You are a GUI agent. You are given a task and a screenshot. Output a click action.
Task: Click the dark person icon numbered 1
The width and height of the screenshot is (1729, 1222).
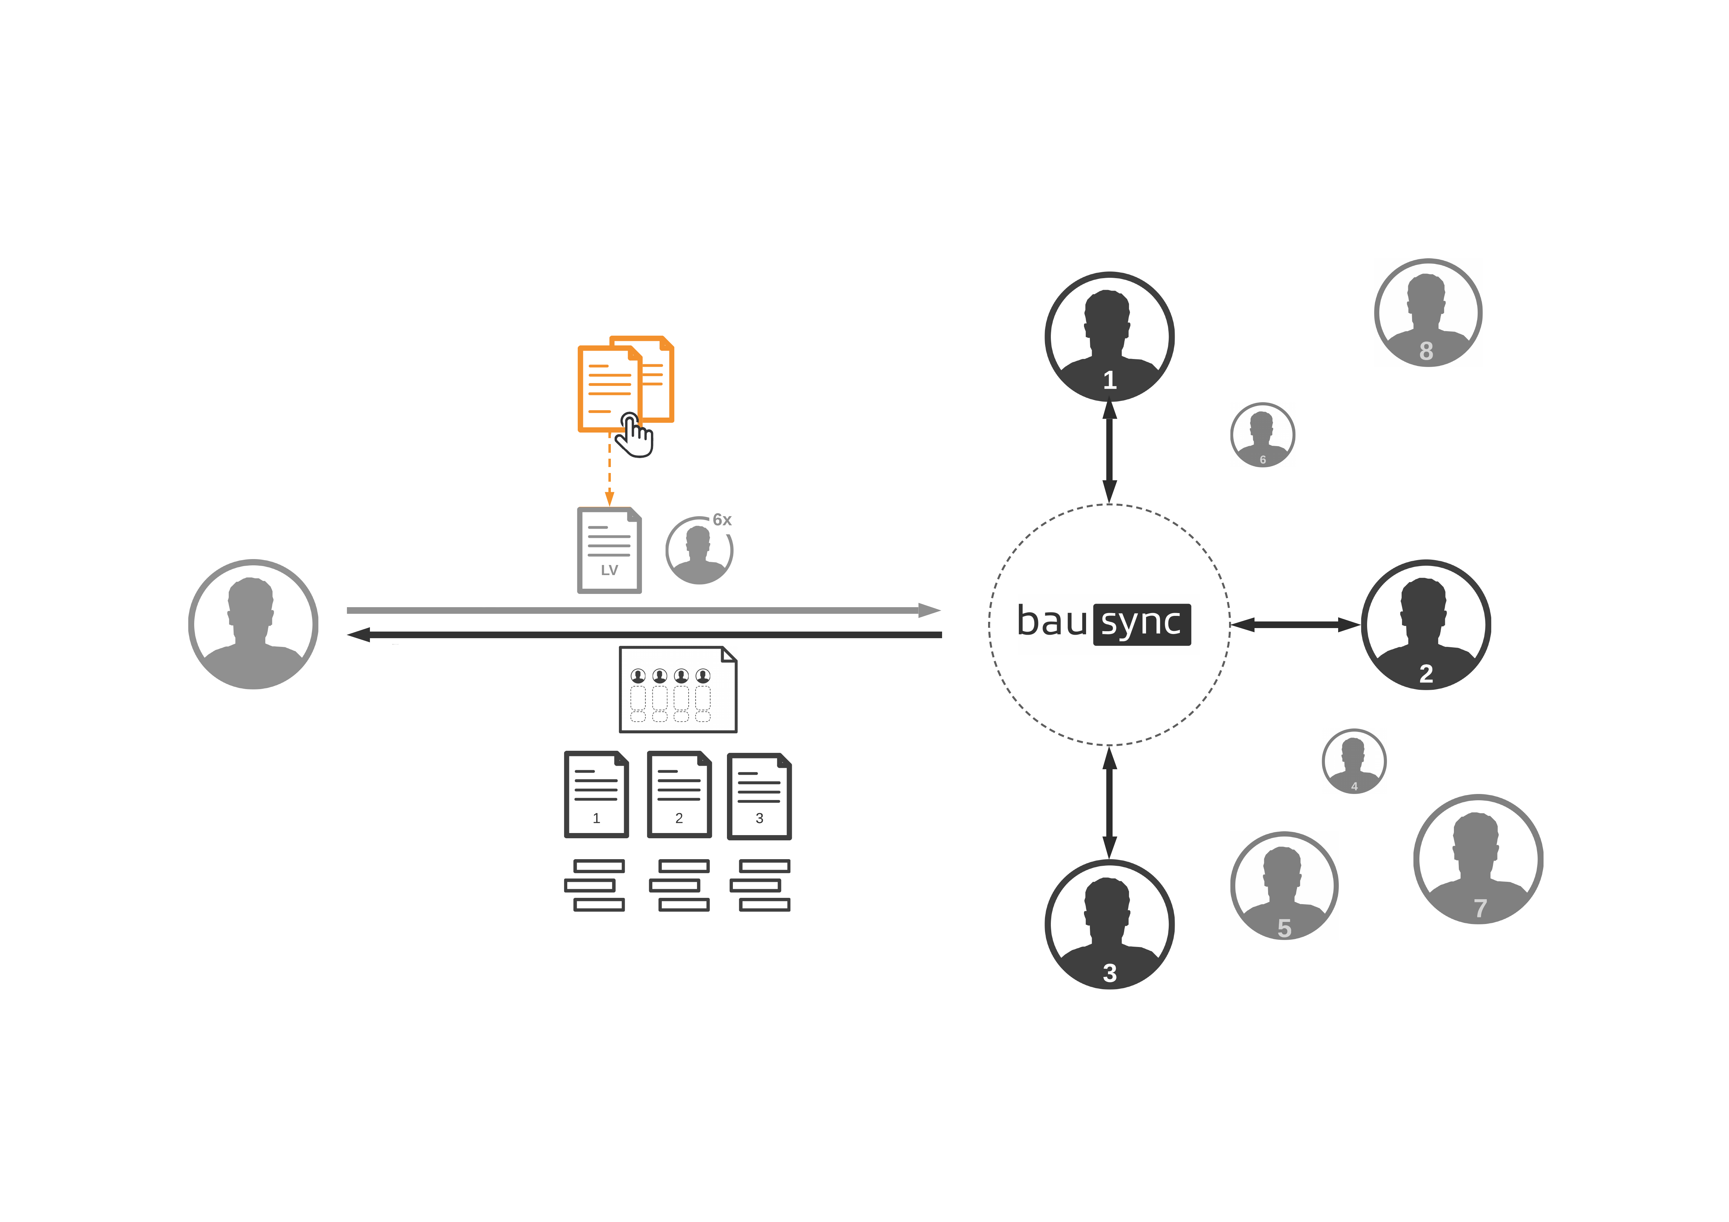point(1109,337)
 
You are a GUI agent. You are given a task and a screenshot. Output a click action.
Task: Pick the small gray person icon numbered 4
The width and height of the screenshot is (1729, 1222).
point(1354,761)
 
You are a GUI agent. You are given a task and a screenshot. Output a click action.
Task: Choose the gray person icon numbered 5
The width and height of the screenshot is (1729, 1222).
point(1284,886)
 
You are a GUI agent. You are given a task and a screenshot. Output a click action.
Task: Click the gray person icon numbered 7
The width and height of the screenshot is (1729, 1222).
point(1478,859)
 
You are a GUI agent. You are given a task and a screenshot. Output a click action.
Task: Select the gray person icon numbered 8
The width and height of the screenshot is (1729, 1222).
point(1428,312)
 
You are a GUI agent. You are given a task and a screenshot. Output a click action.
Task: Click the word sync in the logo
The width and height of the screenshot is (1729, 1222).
point(1142,624)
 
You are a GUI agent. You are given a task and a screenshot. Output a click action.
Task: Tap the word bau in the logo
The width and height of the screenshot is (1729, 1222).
point(1052,622)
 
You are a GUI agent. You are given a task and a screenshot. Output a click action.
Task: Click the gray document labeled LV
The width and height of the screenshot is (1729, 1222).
point(609,550)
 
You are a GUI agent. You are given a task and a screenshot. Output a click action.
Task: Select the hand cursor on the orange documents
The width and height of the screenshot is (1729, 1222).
point(635,435)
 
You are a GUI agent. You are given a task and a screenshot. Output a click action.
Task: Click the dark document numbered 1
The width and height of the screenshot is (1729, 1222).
point(597,794)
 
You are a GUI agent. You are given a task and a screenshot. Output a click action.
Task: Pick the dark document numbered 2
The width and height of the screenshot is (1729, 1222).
point(679,794)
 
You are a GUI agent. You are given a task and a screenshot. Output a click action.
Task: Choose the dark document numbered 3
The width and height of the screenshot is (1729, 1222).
point(759,796)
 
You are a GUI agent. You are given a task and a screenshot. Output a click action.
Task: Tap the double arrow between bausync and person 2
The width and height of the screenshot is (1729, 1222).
point(1295,624)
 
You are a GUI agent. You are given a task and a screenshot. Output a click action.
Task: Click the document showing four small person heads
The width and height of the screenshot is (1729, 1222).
point(678,689)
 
